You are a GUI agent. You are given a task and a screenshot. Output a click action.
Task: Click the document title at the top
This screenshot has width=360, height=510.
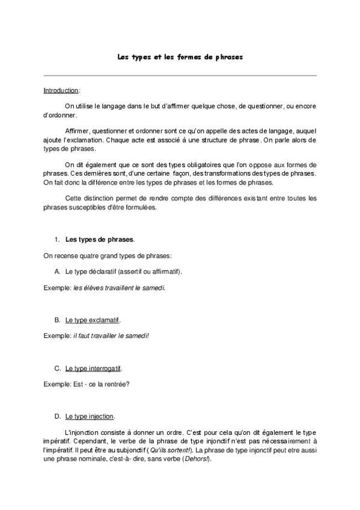[180, 58]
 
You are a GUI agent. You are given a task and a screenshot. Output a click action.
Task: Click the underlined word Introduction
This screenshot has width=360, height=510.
[61, 90]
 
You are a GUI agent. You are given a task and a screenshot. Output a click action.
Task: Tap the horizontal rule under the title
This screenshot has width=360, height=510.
[180, 76]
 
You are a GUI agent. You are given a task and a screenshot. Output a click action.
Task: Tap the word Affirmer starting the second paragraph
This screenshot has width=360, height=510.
[78, 131]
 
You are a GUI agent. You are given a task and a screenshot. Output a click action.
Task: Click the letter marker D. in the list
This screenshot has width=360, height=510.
[58, 416]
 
